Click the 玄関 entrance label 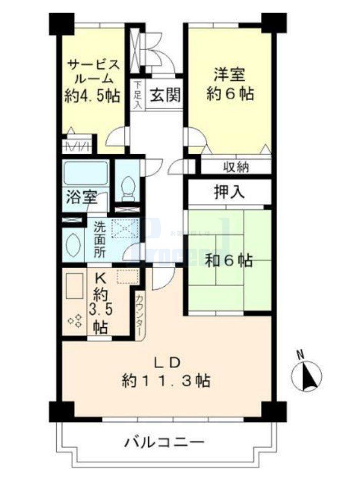pos(165,95)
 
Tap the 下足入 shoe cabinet pos(138,95)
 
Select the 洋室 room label pos(229,75)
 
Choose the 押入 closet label pos(230,193)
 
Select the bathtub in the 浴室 pos(85,173)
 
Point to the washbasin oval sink pos(72,244)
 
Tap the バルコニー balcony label pos(164,443)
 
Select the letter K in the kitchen pos(100,278)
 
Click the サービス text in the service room pos(94,64)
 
